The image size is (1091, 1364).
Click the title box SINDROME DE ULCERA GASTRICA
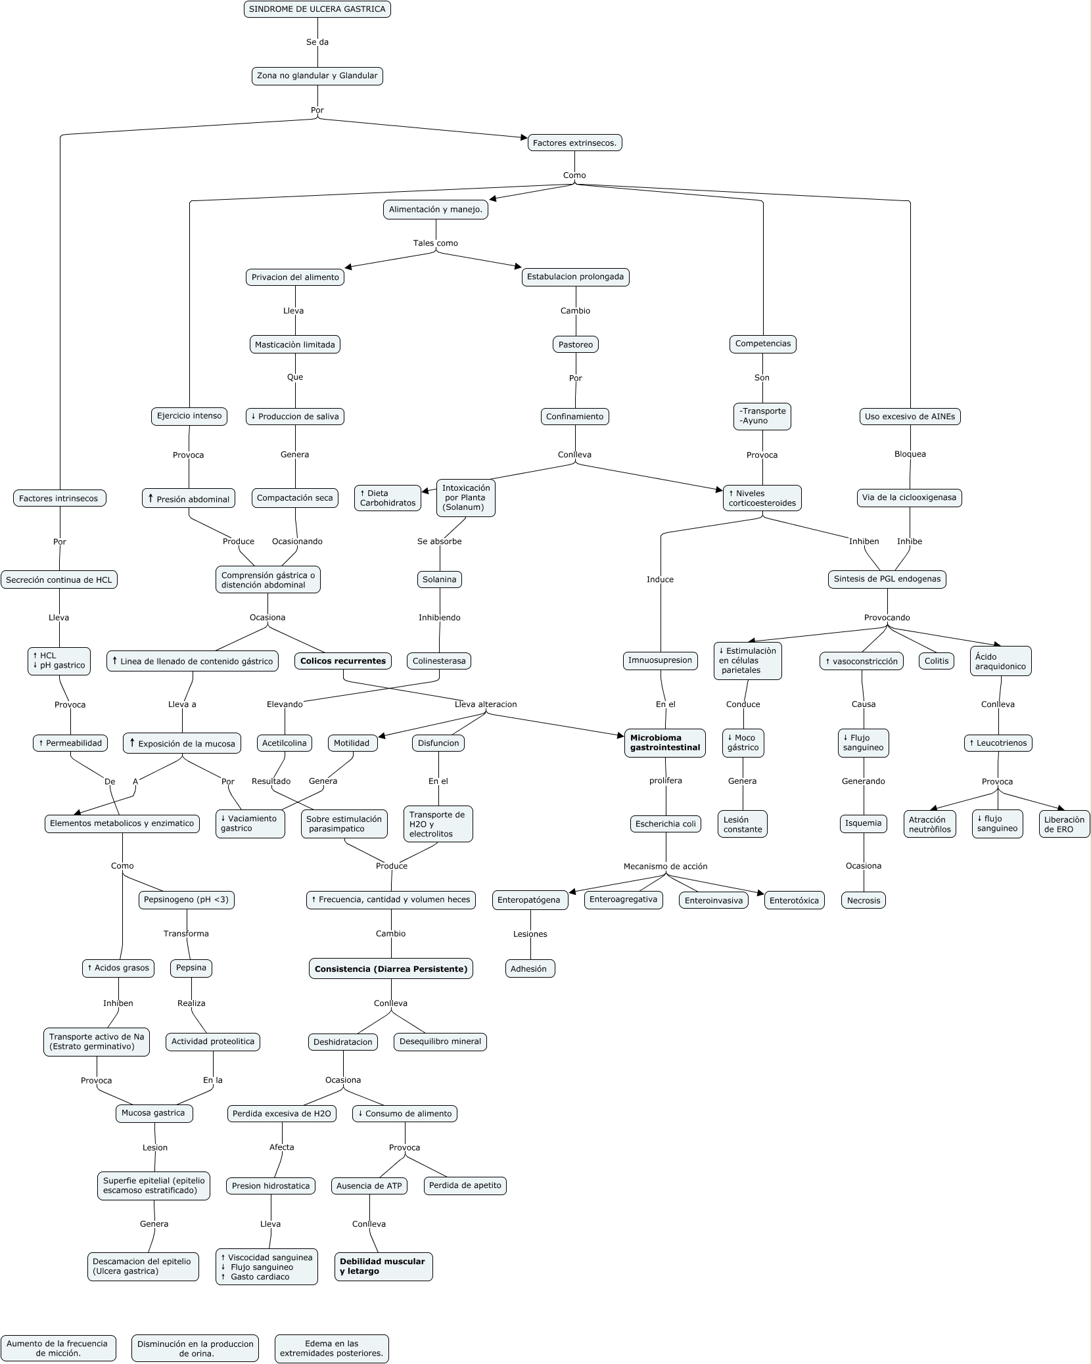click(317, 9)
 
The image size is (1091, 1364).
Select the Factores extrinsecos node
click(574, 143)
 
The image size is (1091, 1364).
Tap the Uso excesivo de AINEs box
click(910, 416)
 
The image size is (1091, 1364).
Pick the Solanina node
click(439, 580)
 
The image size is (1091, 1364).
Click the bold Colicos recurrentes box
click(343, 661)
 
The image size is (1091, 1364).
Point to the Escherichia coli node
click(665, 824)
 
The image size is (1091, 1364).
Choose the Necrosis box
click(863, 900)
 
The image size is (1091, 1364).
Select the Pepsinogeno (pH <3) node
click(187, 899)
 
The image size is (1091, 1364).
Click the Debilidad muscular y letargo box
click(383, 1266)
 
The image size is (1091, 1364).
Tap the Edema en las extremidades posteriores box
click(331, 1343)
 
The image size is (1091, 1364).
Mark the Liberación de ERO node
click(1064, 824)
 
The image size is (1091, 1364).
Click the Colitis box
click(937, 661)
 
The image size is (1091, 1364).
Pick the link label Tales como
click(435, 243)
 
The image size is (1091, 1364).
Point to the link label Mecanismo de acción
click(665, 866)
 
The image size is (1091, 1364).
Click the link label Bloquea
click(910, 454)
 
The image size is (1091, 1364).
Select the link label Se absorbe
click(439, 541)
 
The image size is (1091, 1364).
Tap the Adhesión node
click(530, 968)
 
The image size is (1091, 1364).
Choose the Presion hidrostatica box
click(271, 1186)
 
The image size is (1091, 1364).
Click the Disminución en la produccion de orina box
click(195, 1343)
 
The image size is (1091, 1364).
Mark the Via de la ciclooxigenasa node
click(909, 498)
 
